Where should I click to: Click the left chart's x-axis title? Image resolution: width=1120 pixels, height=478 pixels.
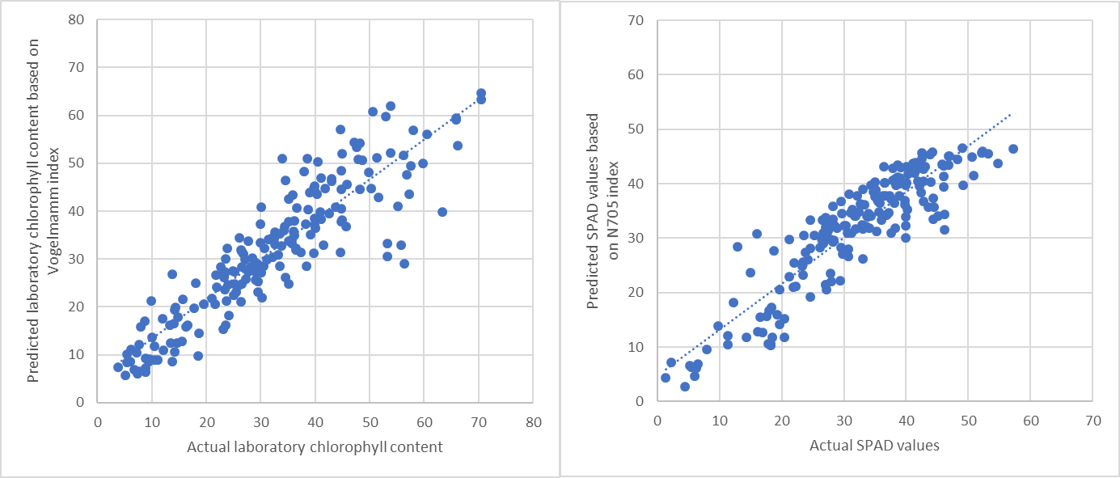coord(315,446)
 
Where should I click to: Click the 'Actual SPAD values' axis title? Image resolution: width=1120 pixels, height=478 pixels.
coord(874,444)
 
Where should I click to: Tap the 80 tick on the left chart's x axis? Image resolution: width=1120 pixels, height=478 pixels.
coord(533,422)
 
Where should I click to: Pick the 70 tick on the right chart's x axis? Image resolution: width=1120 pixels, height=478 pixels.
coord(1093,421)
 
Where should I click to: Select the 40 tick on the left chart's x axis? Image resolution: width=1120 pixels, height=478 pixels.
coord(315,422)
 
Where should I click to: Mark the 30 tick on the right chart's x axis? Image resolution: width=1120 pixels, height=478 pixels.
coord(843,421)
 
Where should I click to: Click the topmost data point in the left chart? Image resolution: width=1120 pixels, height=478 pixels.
coord(480,93)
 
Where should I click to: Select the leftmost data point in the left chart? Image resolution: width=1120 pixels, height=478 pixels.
coord(118,367)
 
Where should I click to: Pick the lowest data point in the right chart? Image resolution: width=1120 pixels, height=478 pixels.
coord(684,387)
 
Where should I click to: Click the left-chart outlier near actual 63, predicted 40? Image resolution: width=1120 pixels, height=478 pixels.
coord(442,212)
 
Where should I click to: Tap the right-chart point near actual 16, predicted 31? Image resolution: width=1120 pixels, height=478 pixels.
coord(756,234)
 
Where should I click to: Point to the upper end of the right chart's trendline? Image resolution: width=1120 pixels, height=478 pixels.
coord(1011,114)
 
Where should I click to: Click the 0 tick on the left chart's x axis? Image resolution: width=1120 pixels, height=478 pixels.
coord(98,422)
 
